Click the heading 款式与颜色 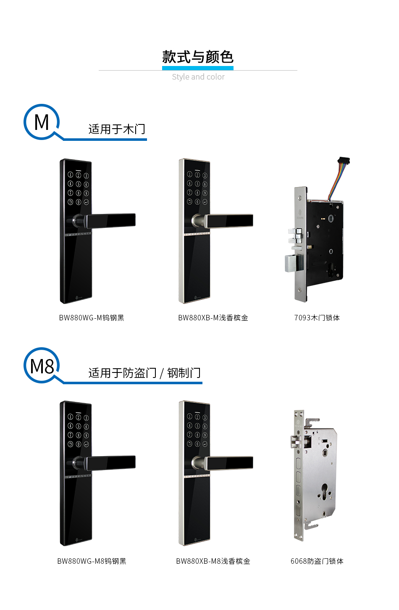click(198, 57)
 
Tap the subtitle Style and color click(198, 77)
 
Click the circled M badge click(42, 122)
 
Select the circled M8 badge click(42, 366)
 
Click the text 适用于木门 click(117, 129)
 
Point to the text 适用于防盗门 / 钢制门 click(144, 373)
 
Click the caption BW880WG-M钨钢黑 click(92, 318)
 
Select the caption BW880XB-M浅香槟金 click(213, 318)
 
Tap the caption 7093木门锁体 click(317, 318)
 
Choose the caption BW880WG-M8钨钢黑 click(92, 561)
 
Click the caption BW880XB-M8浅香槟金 click(213, 561)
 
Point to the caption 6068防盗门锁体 click(317, 561)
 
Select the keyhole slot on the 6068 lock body click(324, 491)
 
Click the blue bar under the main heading click(198, 68)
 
